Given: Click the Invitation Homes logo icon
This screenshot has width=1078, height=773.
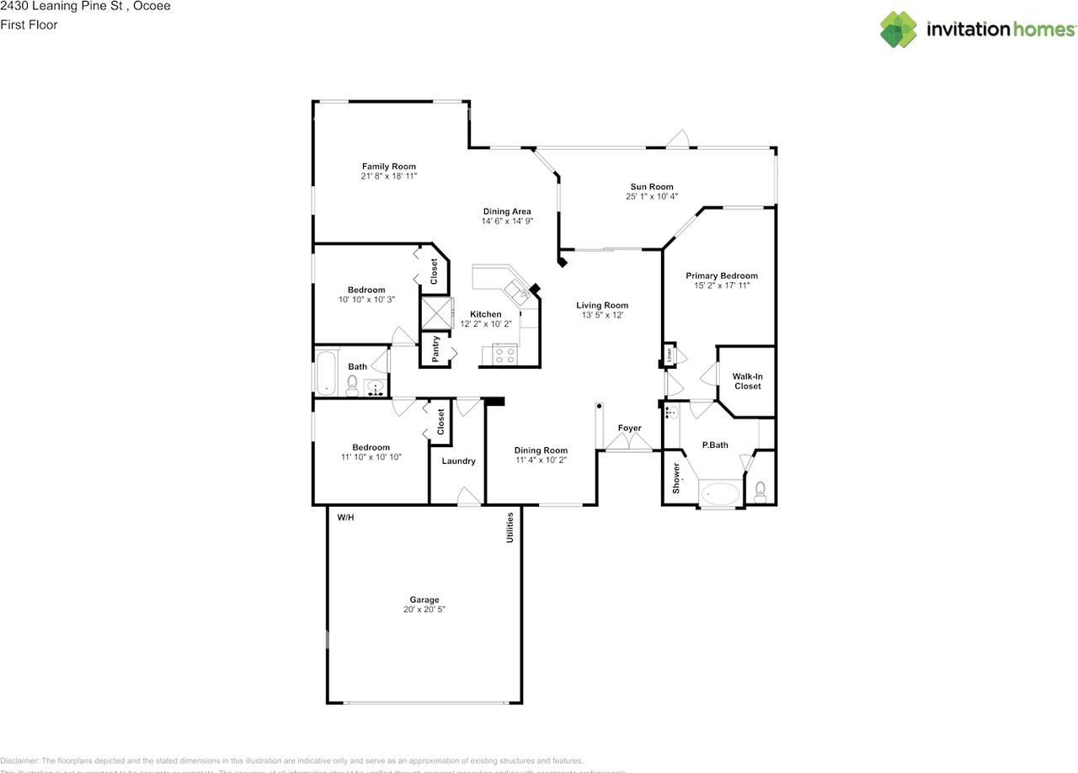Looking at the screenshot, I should pos(899,29).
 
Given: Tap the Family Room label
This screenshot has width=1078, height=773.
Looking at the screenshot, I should pos(389,167).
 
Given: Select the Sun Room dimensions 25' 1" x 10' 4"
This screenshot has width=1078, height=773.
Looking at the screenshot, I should pos(652,197).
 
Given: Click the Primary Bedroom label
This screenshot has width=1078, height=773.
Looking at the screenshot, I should pos(721,275).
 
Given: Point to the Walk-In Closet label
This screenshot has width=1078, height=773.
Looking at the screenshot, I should pos(747,381).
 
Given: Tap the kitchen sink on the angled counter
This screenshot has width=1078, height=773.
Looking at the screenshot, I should pos(516,291).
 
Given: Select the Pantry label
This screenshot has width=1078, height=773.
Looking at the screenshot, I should pos(436,349).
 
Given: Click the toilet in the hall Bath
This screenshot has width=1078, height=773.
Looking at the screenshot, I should pos(353,386).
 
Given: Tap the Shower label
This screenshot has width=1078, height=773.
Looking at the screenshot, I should pos(675,477).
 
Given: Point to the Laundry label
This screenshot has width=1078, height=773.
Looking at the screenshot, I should pos(458,461).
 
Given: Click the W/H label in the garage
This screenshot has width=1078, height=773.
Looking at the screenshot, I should pos(346,517).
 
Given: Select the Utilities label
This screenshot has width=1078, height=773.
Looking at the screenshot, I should pos(510,527).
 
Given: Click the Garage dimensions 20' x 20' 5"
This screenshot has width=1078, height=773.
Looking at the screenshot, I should pos(424,609).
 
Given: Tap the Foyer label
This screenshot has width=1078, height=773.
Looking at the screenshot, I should pos(629,428).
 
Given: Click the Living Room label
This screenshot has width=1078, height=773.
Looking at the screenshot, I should pos(602,306).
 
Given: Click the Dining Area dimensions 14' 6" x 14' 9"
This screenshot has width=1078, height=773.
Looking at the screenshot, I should pos(507,221).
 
